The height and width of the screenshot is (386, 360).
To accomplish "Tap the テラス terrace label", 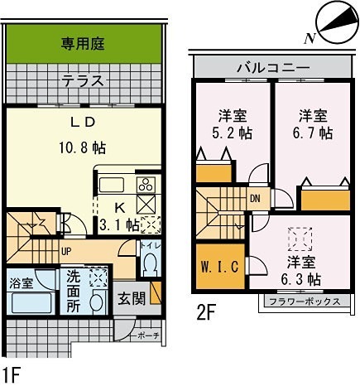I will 83,80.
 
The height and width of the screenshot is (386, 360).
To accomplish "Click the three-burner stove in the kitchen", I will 146,184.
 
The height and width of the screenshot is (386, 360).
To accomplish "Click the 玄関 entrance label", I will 131,296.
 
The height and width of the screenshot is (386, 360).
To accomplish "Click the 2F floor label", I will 207,316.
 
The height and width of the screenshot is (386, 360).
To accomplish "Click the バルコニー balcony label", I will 272,67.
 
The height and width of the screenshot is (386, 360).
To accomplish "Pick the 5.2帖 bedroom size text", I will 234,133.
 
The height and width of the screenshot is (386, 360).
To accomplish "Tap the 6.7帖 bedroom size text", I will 314,133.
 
